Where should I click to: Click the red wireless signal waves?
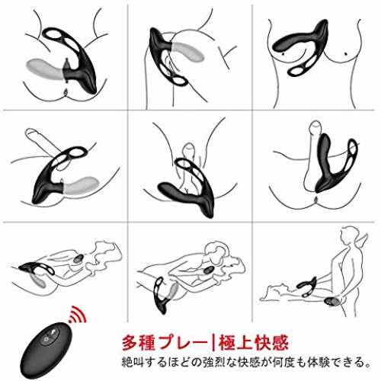[x=78, y=314]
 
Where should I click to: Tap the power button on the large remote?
[x=46, y=339]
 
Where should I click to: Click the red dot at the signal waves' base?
[x=70, y=322]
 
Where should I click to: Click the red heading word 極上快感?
[x=253, y=343]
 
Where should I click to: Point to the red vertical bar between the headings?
[x=213, y=343]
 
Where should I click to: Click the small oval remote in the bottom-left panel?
[x=78, y=259]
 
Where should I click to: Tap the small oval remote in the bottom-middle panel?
[x=209, y=270]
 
